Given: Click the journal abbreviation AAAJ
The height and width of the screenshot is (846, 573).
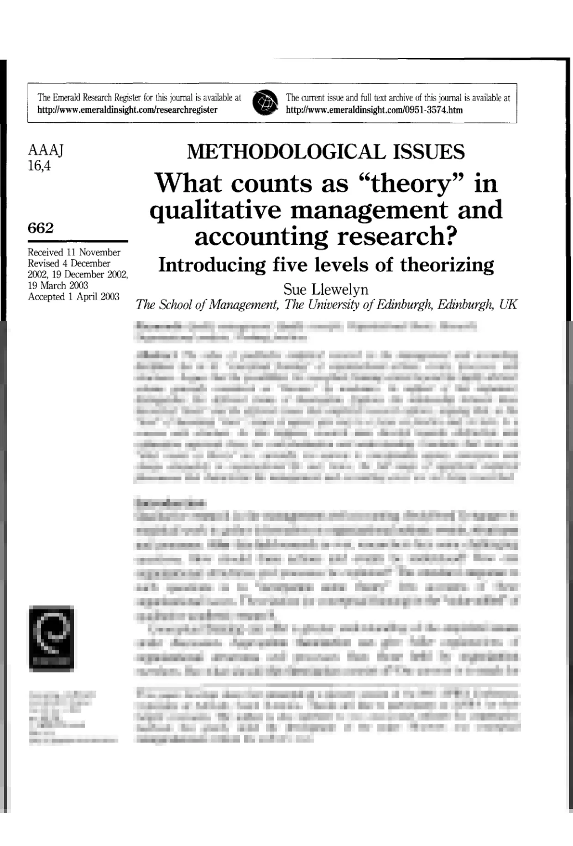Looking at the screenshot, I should (x=46, y=151).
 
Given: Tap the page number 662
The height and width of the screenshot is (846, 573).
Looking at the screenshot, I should (x=41, y=228).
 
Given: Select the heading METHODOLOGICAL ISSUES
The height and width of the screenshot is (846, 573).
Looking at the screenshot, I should (x=326, y=152).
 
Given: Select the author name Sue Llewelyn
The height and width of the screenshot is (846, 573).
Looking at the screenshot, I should (x=326, y=289).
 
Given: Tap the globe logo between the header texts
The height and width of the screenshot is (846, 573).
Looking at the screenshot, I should (x=264, y=103).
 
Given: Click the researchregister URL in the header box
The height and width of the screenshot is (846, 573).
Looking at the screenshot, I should (x=127, y=109).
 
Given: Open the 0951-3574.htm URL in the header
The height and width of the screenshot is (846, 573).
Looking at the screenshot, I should (x=374, y=109).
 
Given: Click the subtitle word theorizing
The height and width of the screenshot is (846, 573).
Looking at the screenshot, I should (x=447, y=265).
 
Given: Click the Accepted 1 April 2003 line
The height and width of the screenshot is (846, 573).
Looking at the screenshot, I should (x=74, y=297).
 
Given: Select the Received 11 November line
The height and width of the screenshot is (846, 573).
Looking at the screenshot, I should (x=74, y=253).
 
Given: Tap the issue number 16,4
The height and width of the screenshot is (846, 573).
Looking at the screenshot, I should (x=39, y=165).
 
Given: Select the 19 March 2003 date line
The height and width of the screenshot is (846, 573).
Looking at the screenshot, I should (x=58, y=286).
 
